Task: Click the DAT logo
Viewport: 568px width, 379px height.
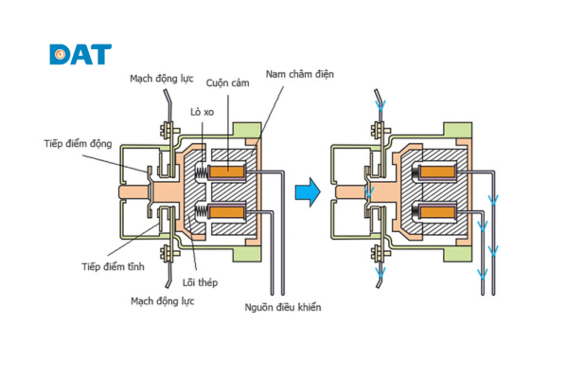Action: (80, 54)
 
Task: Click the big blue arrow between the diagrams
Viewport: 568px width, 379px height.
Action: (304, 192)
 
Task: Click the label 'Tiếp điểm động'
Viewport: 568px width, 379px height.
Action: (78, 144)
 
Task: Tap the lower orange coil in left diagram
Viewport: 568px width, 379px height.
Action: (228, 211)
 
